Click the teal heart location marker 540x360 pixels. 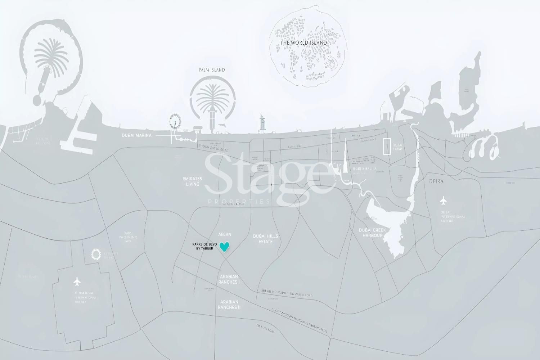tap(225, 247)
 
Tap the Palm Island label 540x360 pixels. tap(212, 70)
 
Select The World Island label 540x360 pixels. tap(304, 42)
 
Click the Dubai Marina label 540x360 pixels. tap(137, 135)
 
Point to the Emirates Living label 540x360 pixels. tap(192, 181)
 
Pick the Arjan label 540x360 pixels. tap(225, 235)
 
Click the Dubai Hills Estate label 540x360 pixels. tap(265, 239)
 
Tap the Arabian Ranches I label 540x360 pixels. tap(229, 279)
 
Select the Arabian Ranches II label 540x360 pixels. tap(229, 305)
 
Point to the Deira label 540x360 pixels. tap(436, 181)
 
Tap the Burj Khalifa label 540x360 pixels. tap(364, 168)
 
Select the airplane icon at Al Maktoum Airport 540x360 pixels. tap(76, 280)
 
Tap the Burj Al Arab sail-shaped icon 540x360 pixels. tap(262, 122)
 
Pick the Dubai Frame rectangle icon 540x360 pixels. tap(387, 147)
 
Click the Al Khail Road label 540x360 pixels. tap(233, 204)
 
